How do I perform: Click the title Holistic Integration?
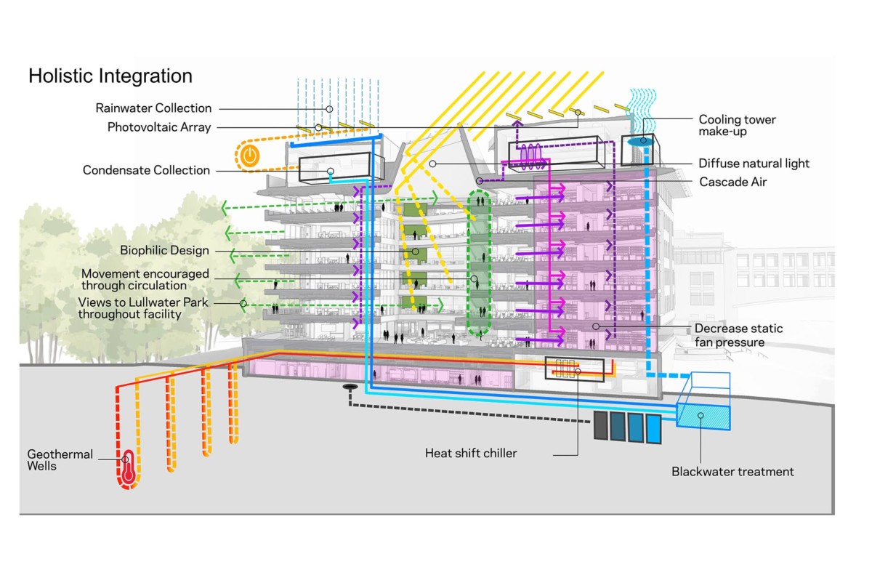click(x=110, y=76)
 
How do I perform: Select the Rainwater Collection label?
click(x=153, y=108)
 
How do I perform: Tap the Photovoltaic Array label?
click(x=159, y=127)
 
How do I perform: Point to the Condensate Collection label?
click(x=146, y=170)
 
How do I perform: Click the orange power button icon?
click(x=249, y=155)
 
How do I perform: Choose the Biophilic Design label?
click(x=164, y=251)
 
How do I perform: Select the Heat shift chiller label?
click(x=471, y=454)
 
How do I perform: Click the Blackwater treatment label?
click(x=732, y=472)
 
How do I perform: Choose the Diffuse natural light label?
click(x=754, y=164)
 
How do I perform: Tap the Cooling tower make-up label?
click(x=738, y=125)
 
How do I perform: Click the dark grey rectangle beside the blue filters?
click(x=600, y=427)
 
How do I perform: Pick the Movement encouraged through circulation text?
click(x=145, y=279)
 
